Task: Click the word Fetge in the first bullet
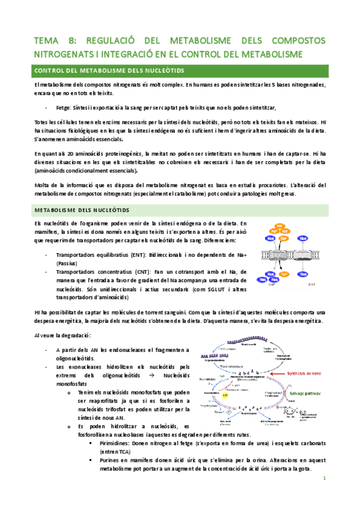click(63, 108)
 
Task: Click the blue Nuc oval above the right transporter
click(303, 239)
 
